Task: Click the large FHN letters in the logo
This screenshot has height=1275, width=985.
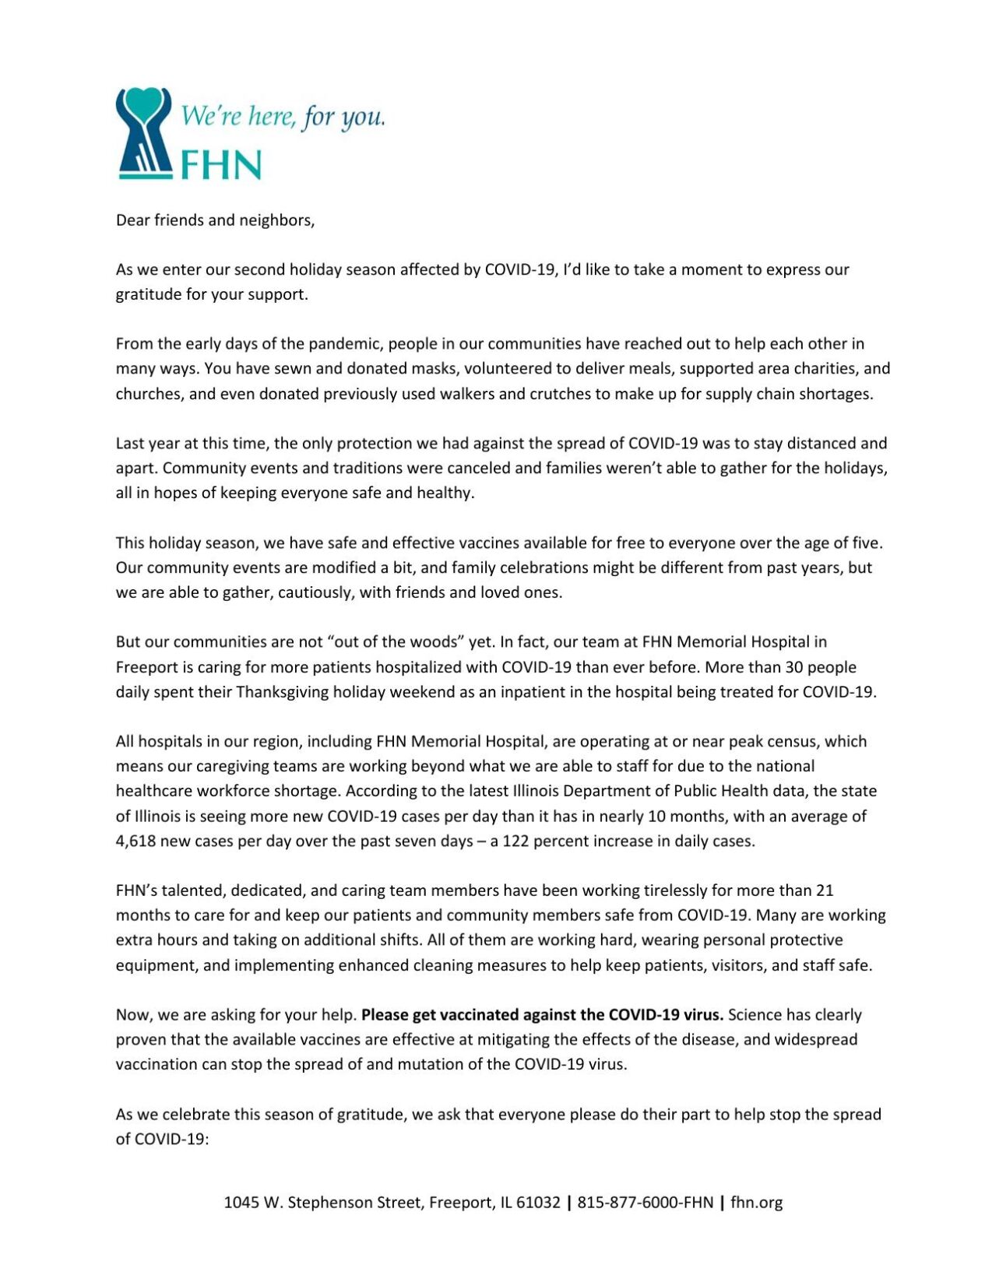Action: point(221,165)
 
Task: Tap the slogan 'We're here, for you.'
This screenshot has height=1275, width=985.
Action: point(283,117)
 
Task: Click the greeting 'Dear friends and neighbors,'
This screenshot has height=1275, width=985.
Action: point(215,220)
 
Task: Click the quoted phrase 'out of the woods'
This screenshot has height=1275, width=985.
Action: point(399,642)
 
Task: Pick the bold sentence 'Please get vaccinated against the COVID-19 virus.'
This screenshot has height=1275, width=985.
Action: point(542,1015)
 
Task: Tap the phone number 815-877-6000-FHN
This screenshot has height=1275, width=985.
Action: point(645,1203)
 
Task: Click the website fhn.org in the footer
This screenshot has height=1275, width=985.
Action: point(756,1203)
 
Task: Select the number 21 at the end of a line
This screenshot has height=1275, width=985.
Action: point(825,890)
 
